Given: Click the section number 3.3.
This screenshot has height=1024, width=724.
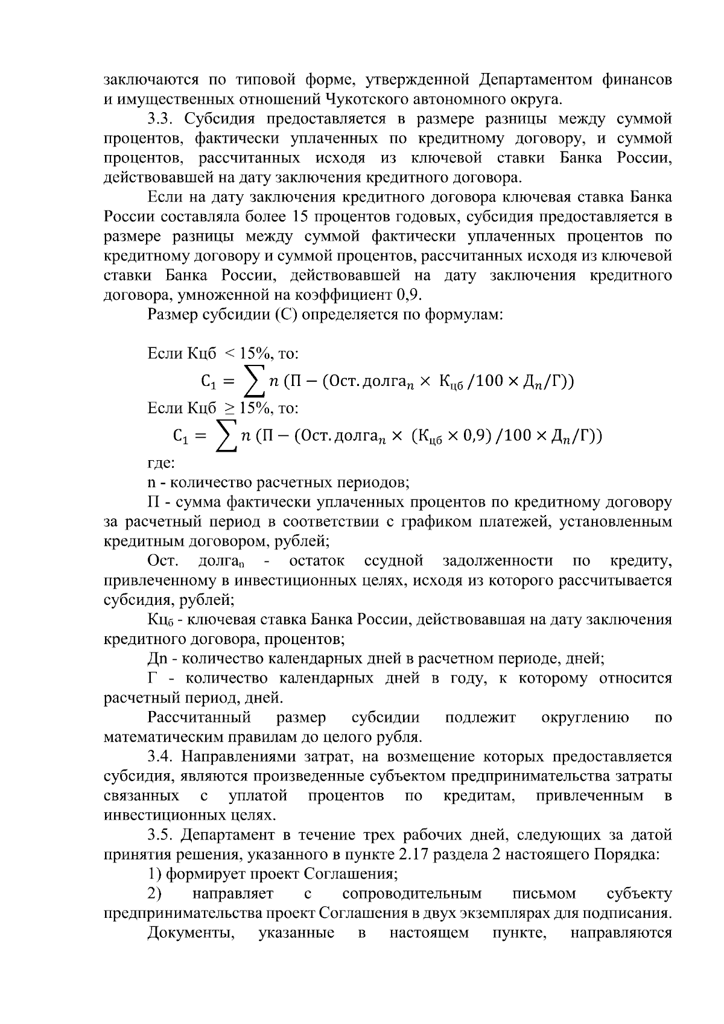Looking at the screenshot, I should (162, 119).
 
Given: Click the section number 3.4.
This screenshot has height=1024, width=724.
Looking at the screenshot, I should (162, 757).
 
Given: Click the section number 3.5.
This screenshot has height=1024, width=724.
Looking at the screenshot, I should (162, 835).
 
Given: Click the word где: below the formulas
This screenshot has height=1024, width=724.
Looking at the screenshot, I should (161, 463).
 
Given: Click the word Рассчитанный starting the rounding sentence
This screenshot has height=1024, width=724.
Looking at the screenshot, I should (199, 718).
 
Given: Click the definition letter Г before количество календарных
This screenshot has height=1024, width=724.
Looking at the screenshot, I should (153, 678).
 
